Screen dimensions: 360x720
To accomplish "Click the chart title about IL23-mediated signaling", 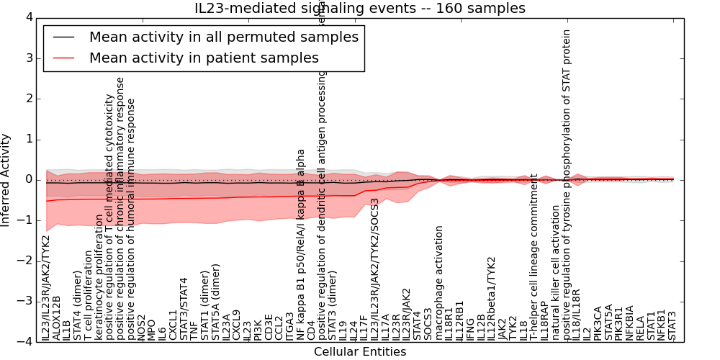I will (360, 9).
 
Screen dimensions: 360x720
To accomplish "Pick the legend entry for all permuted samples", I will (223, 37).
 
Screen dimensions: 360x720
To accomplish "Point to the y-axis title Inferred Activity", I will (6, 180).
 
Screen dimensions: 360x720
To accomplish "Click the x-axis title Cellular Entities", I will (360, 352).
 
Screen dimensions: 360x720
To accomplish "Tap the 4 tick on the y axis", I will (29, 17).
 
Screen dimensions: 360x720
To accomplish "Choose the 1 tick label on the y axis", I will (29, 139).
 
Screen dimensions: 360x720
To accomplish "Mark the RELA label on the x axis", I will (640, 328).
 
